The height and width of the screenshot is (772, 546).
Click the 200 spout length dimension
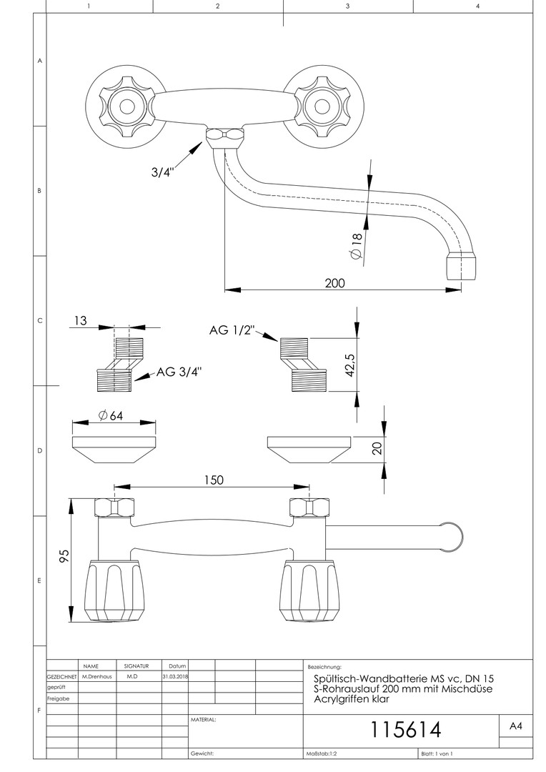click(334, 282)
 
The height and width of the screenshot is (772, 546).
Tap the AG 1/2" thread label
click(232, 330)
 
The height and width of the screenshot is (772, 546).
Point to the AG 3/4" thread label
click(179, 372)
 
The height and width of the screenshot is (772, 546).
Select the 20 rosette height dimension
click(378, 447)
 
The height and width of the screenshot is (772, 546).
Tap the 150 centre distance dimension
click(213, 480)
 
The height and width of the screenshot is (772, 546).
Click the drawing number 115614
click(405, 729)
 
